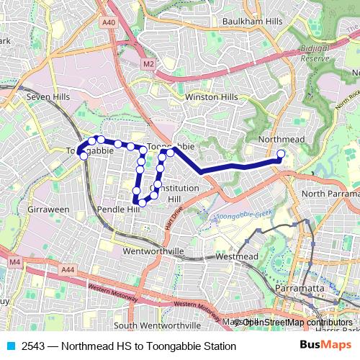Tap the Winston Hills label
pos(211,97)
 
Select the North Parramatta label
pos(330,194)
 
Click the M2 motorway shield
pos(148,64)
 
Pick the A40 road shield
pos(109,23)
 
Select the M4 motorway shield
pos(15,263)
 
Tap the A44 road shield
pos(68,269)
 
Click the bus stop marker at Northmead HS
pos(281,153)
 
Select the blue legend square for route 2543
pos(9,346)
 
